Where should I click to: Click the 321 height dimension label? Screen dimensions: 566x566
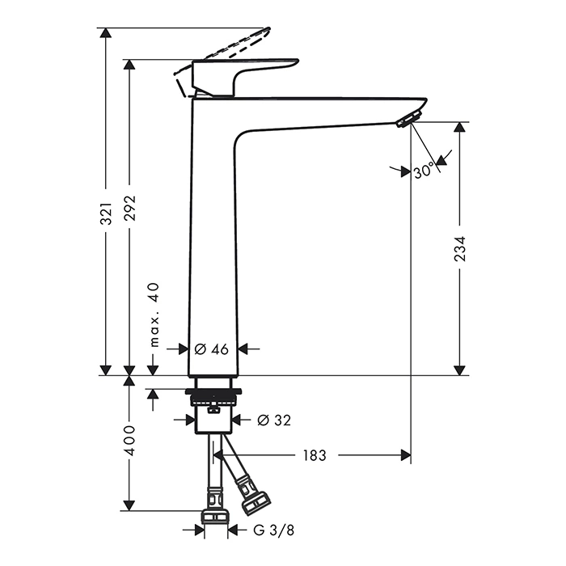coord(106,213)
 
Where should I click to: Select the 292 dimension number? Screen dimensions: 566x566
coord(129,209)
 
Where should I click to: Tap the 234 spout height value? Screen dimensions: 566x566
coord(459,249)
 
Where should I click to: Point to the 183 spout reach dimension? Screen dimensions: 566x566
coord(315,455)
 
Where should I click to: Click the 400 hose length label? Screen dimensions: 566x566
coord(129,441)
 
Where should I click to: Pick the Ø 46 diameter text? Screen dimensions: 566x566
coord(211,349)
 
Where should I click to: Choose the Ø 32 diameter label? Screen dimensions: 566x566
coord(274,420)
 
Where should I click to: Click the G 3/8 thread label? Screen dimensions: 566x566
coord(273,530)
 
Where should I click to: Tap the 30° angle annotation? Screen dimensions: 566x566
coord(424,171)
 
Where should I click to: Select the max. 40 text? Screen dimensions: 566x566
coord(154,315)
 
